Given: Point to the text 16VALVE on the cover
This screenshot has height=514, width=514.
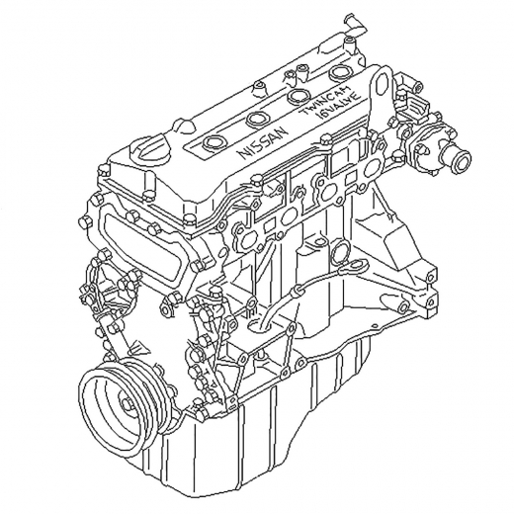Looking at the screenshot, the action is pos(337,107).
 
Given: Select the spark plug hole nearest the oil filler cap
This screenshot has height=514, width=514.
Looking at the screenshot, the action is pos(213,142).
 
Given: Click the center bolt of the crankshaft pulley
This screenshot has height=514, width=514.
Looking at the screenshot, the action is pos(127,405).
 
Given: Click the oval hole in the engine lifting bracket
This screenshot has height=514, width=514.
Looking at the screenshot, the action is pos(382,82).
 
